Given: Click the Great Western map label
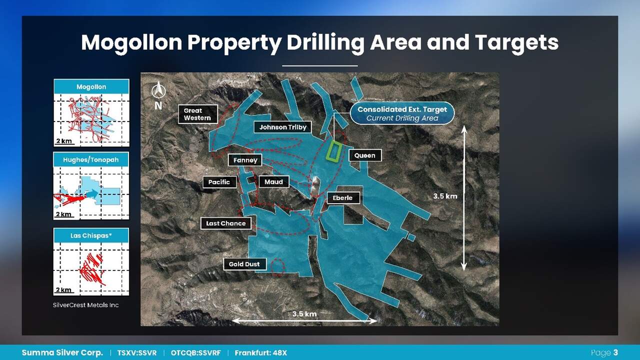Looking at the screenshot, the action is pos(197,114).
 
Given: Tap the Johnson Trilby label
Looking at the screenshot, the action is pos(282,127).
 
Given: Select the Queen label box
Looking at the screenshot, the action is pos(365,155).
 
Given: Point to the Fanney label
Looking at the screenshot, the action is pos(245,160).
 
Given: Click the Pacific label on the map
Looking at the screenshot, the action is pos(219,182).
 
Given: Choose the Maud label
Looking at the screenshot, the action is pos(273,181).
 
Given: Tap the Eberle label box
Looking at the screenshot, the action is pos(343,197).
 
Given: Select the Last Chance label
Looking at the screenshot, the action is pos(225,223).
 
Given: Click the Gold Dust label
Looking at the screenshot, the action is pos(244,264).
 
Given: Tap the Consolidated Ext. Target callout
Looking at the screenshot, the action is pos(402,113).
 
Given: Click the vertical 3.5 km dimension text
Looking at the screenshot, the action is pos(445,196).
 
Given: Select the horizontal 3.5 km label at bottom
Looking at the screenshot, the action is pos(304,313).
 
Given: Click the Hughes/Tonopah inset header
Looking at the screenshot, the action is pos(91,159).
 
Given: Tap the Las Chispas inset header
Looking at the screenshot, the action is pos(91,235).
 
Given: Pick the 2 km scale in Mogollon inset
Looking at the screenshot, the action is pos(64,141).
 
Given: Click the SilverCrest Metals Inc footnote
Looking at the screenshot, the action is pos(85,305).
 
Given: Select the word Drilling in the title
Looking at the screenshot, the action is pos(325,43).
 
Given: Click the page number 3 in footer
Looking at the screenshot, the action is pos(615,352).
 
